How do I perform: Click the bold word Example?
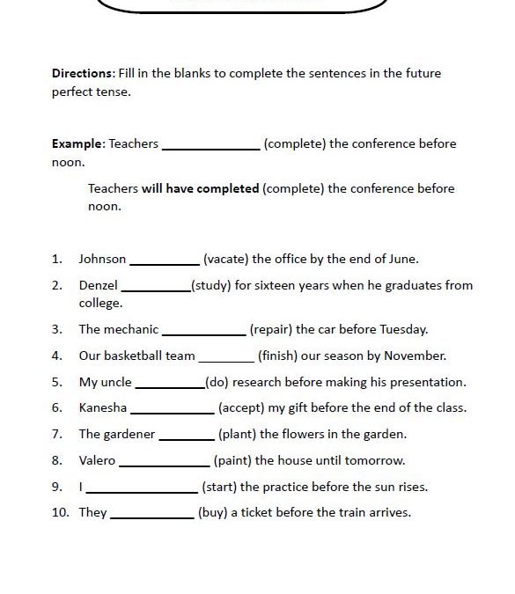pos(77,144)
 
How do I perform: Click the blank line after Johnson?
pos(165,261)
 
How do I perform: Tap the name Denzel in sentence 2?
pos(98,286)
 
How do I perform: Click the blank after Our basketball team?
pos(226,358)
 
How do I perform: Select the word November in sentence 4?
pos(415,356)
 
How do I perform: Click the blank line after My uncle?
pos(169,385)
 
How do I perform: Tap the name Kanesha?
pos(103,408)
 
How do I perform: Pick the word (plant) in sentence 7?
pos(237,435)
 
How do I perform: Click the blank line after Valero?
pos(165,463)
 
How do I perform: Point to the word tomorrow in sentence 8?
pos(372,460)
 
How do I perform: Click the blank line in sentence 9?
pos(142,489)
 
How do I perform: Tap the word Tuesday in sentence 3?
pos(403,330)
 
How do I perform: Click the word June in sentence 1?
pos(401,260)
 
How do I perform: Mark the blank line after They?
pos(151,516)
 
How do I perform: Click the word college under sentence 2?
pos(100,304)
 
